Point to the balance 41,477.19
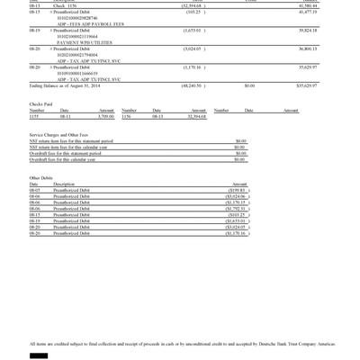(x=309, y=11)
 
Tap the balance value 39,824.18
(x=309, y=30)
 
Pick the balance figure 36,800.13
(x=309, y=49)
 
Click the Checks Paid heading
(x=40, y=103)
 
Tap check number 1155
(x=34, y=116)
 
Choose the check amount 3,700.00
(x=107, y=116)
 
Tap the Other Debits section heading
(x=41, y=177)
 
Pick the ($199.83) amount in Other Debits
(x=237, y=191)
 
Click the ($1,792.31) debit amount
(x=235, y=210)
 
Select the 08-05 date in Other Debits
(x=35, y=191)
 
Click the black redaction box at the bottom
(x=39, y=355)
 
